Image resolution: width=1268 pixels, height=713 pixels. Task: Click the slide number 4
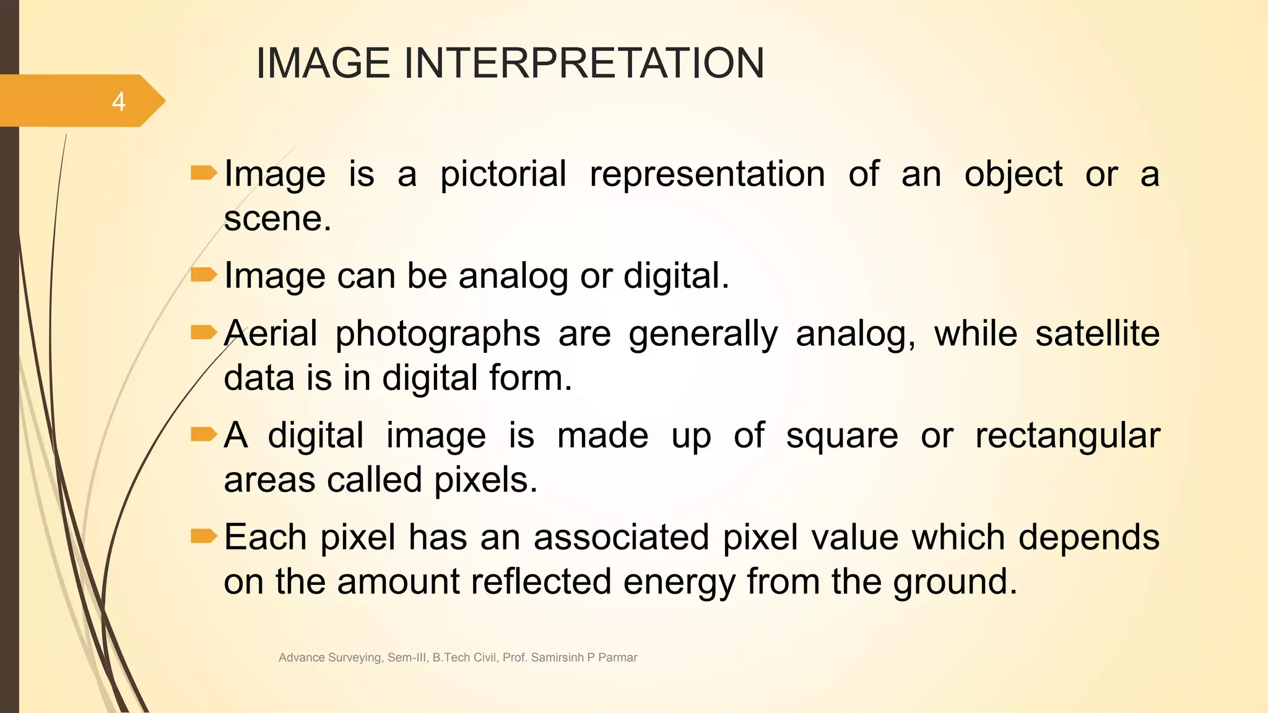(x=118, y=102)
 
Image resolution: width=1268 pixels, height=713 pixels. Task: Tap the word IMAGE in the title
(x=323, y=63)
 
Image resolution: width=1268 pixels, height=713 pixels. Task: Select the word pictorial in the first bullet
(x=503, y=174)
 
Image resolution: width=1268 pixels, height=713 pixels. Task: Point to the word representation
(x=707, y=174)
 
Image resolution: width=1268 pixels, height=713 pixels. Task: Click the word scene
(x=277, y=218)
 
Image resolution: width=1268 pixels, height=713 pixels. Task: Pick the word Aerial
(x=271, y=334)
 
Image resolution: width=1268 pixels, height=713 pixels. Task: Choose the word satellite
(x=1097, y=334)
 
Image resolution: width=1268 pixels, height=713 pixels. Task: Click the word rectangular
(x=1067, y=436)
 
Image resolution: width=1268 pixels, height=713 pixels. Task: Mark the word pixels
(x=485, y=480)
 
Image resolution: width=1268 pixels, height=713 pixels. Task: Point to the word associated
(x=621, y=537)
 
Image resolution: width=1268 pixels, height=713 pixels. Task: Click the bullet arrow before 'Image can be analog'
(x=204, y=274)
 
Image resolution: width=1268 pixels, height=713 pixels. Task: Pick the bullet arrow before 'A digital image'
(x=204, y=434)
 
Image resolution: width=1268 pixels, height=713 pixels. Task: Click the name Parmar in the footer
(x=617, y=657)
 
